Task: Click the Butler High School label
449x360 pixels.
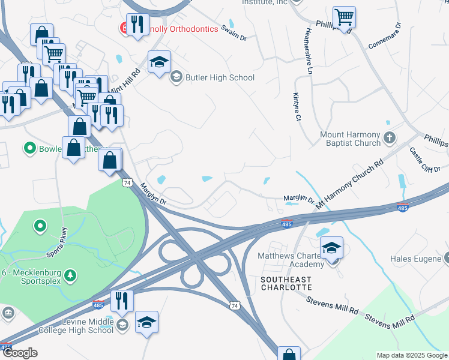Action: pos(220,77)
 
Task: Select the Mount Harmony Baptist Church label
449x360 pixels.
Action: pos(351,139)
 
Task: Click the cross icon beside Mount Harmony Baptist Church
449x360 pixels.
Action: pos(390,139)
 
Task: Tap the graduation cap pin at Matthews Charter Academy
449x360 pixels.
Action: pos(331,248)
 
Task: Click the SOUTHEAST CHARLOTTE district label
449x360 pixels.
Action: pos(286,284)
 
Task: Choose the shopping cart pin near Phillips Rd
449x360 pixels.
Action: pos(344,18)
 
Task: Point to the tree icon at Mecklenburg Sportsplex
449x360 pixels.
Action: pos(71,275)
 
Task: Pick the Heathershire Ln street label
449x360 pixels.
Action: pos(310,51)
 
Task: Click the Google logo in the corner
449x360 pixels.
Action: pos(20,353)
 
